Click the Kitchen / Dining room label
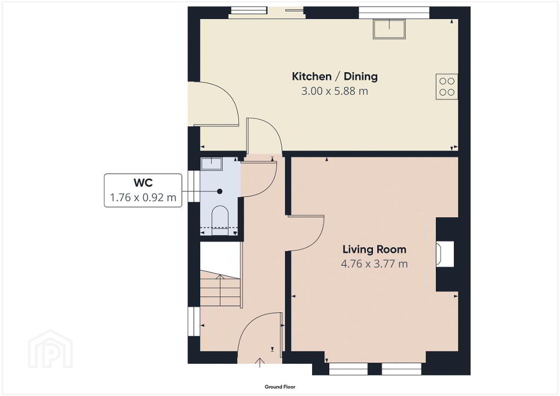(x=335, y=77)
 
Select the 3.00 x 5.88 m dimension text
(x=335, y=91)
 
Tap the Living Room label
(x=374, y=249)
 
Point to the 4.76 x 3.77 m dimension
(x=374, y=264)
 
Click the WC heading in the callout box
(x=143, y=183)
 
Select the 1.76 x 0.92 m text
(x=143, y=197)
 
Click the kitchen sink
(x=389, y=29)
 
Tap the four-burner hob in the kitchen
(x=447, y=87)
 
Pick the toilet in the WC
(x=220, y=220)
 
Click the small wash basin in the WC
(x=212, y=164)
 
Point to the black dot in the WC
(x=220, y=191)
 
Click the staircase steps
(x=220, y=288)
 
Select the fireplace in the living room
(x=445, y=254)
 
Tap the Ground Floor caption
(x=280, y=387)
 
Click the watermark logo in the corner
(x=50, y=349)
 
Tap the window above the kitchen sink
(x=394, y=13)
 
